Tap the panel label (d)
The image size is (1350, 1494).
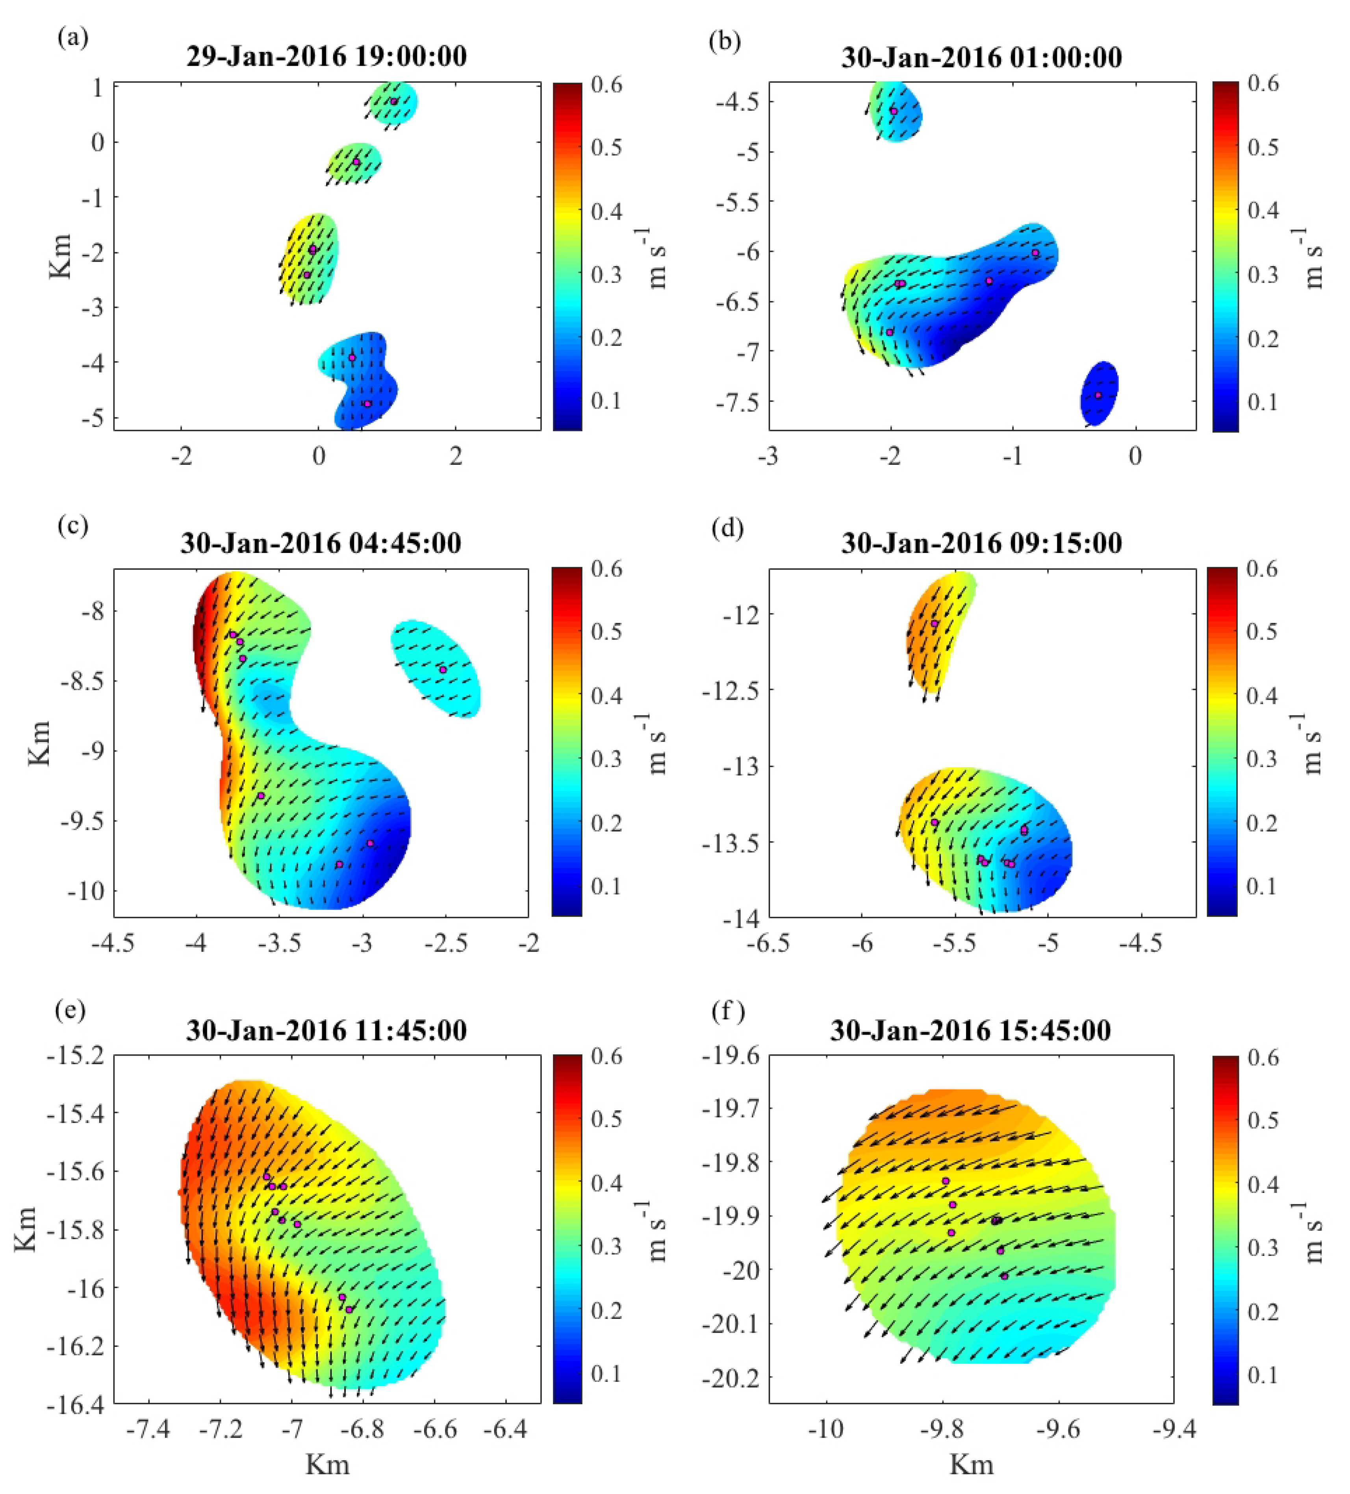click(x=727, y=529)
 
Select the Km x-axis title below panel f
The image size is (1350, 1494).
click(x=971, y=1465)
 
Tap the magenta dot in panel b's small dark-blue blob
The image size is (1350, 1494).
click(x=1098, y=395)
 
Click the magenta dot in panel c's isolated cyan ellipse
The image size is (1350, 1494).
click(x=443, y=669)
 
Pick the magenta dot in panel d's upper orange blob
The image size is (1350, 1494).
click(x=934, y=624)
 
